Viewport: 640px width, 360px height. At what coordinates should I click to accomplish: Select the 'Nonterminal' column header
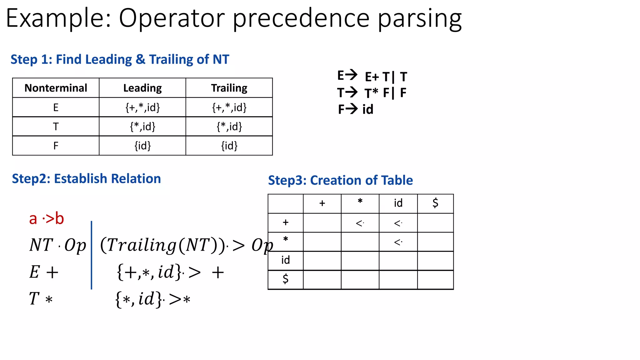[x=56, y=88]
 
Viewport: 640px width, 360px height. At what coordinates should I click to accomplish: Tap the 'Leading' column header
[x=142, y=88]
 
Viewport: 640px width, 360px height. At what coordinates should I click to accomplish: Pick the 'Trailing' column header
[x=229, y=88]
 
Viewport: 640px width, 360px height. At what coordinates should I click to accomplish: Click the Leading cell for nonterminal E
[x=142, y=107]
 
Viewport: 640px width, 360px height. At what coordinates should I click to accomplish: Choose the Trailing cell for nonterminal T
[x=229, y=127]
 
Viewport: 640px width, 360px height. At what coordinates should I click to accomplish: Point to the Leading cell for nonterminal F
[x=142, y=146]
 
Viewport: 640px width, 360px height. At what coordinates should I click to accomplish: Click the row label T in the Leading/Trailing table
[x=56, y=127]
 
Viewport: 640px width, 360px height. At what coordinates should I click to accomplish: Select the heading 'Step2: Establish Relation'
[x=86, y=179]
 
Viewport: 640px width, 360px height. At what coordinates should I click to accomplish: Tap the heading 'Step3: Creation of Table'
[x=340, y=180]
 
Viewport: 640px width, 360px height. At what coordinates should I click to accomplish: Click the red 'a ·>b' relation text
[x=47, y=218]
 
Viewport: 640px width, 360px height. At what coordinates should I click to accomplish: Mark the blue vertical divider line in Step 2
[x=91, y=255]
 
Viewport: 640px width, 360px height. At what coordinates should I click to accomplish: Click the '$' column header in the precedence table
[x=435, y=203]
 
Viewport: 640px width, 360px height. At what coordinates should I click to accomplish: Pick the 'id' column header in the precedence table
[x=398, y=203]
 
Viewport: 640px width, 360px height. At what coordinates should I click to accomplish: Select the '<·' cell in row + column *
[x=360, y=223]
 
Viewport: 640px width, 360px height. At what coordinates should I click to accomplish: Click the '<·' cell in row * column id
[x=398, y=242]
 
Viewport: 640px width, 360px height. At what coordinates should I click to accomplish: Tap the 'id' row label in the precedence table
[x=285, y=260]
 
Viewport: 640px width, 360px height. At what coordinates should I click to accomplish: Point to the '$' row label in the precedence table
[x=285, y=279]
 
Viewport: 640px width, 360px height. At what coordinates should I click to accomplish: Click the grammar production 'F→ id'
[x=356, y=109]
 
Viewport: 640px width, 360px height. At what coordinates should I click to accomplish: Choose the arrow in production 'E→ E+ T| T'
[x=351, y=75]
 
